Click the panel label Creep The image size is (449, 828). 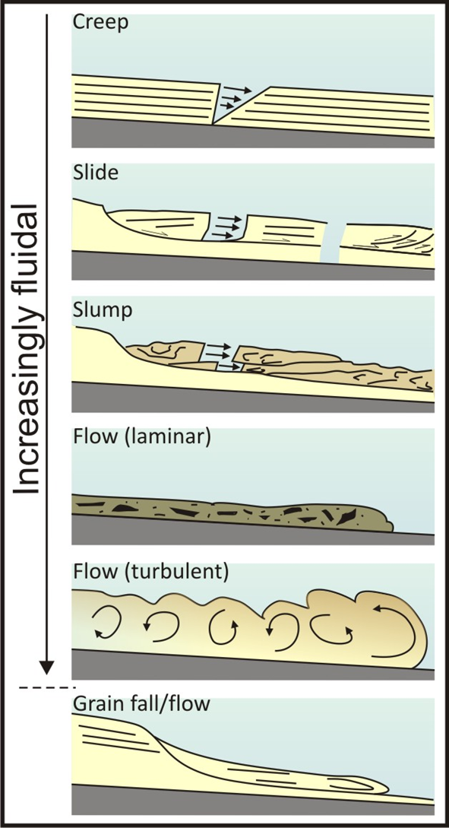coord(101,24)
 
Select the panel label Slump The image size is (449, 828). coord(103,310)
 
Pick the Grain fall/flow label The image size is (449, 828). coord(142,705)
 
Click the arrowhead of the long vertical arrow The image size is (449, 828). coord(47,666)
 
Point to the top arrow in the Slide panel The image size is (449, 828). coord(229,218)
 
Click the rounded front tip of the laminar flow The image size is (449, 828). coord(391,523)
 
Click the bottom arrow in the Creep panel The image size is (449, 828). coord(227,106)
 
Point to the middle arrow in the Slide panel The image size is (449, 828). coord(228,227)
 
